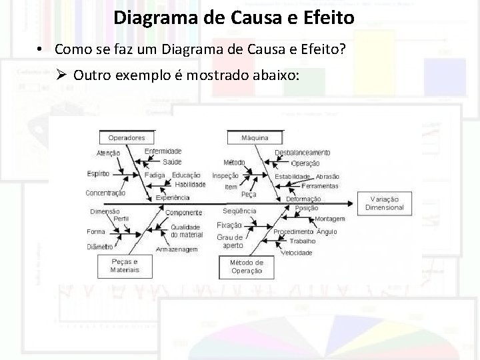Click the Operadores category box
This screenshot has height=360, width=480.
[126, 138]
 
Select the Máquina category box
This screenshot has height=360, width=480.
[255, 138]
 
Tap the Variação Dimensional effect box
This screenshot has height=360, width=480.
[385, 203]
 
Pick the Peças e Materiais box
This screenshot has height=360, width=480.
[125, 266]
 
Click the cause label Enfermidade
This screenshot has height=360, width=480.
[163, 152]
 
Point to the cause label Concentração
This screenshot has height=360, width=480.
[105, 193]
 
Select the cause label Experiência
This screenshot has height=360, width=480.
[173, 197]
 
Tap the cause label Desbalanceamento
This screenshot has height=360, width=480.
[302, 153]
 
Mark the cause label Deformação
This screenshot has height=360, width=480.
[303, 199]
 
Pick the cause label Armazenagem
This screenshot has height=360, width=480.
[177, 249]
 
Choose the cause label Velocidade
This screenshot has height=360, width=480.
[297, 253]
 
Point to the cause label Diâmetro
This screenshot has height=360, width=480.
[99, 246]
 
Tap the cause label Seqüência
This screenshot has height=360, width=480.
[239, 211]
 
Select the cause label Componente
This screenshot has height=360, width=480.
[184, 213]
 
